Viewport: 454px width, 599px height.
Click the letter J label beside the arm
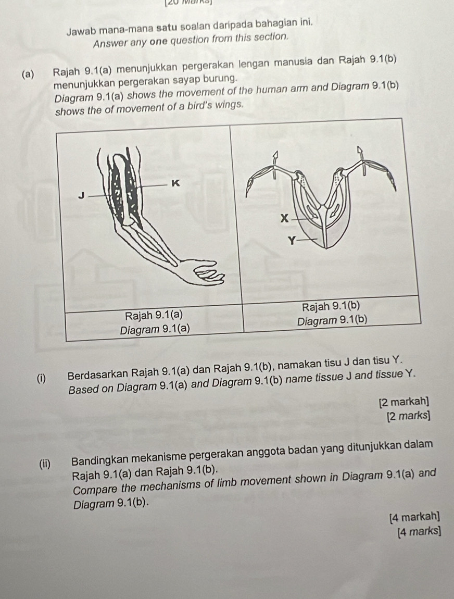(81, 195)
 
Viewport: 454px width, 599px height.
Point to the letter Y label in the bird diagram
(293, 240)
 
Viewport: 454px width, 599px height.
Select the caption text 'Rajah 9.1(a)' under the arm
(154, 315)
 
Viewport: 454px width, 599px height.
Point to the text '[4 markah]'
(413, 517)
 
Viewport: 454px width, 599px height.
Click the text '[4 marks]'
(418, 532)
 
